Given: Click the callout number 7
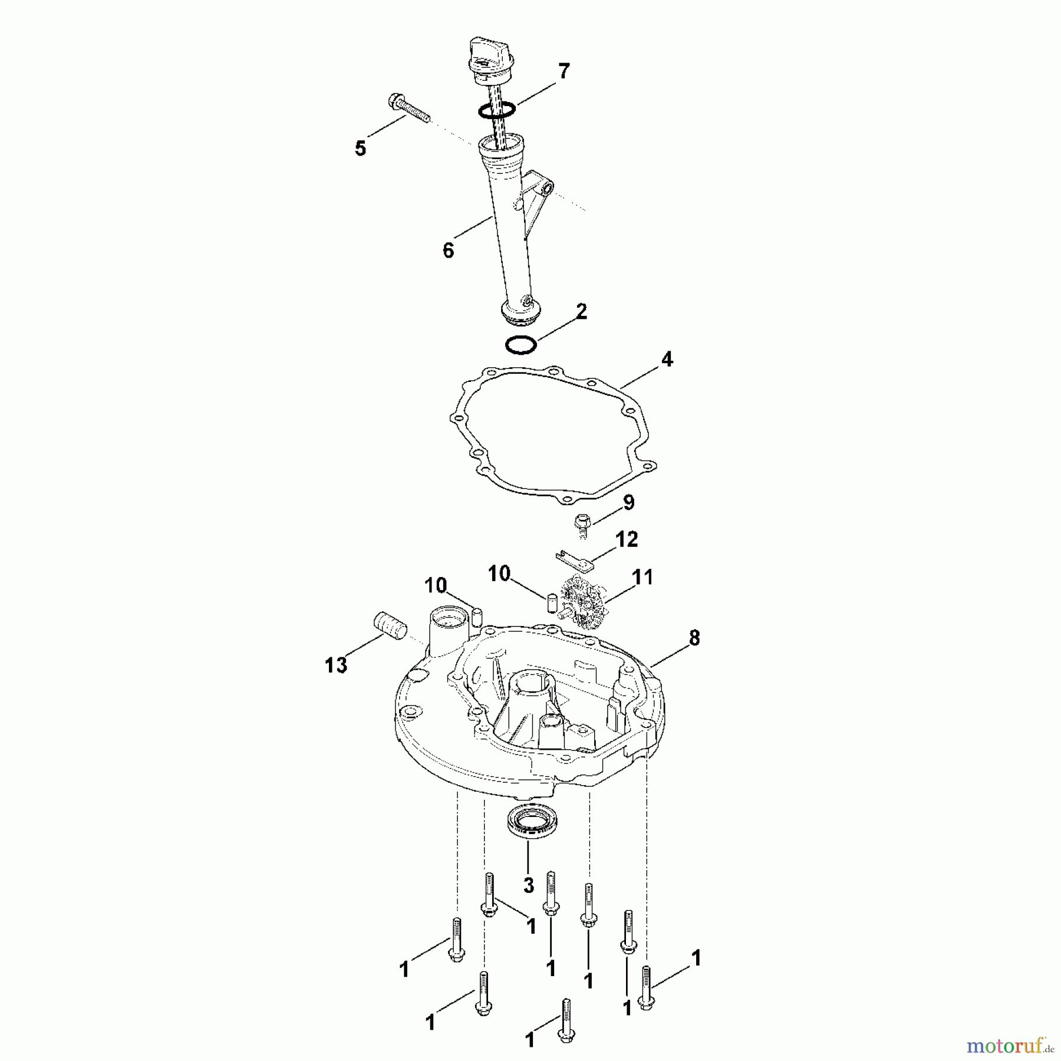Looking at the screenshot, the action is click(x=564, y=71).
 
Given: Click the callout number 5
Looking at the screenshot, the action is click(x=360, y=148).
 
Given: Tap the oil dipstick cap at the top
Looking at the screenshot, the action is click(x=490, y=61).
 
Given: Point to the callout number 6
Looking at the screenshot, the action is click(x=449, y=251).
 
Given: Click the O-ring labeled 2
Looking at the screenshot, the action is click(x=521, y=345).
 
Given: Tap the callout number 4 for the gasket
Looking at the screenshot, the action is click(x=667, y=359).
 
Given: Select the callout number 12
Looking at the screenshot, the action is click(x=626, y=539).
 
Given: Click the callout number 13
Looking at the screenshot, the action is click(x=336, y=665).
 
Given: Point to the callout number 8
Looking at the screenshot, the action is click(x=694, y=637).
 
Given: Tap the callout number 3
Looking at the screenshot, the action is click(x=528, y=885).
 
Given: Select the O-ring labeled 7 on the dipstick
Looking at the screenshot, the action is click(x=497, y=109).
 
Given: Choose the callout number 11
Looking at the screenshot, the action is click(x=642, y=577).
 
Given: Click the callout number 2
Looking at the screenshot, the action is click(x=582, y=311).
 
